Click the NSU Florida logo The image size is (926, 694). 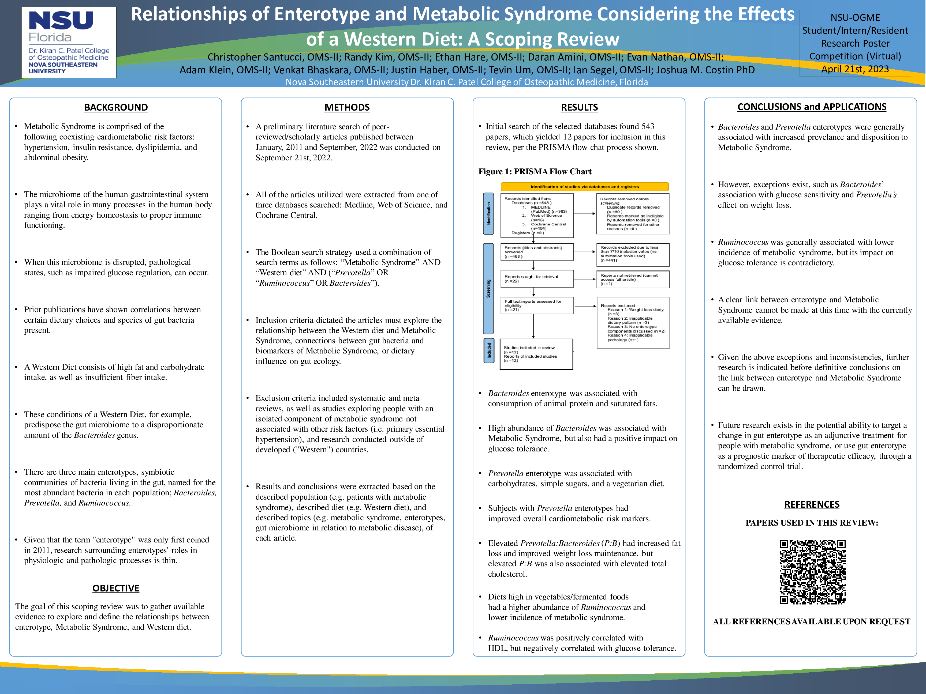[69, 42]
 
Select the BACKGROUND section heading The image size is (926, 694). [116, 108]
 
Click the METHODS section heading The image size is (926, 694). [347, 108]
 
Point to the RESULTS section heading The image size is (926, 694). [579, 108]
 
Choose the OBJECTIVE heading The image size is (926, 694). [116, 588]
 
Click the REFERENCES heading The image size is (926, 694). [812, 504]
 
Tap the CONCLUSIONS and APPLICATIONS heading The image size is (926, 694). [812, 107]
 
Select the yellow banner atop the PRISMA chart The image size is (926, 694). [584, 187]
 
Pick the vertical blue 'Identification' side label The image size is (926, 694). [488, 214]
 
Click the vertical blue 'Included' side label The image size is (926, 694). [488, 350]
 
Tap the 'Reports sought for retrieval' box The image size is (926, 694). [537, 279]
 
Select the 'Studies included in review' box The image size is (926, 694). [536, 354]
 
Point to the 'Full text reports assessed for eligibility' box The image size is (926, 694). [537, 305]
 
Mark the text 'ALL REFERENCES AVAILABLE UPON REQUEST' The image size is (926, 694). [811, 622]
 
